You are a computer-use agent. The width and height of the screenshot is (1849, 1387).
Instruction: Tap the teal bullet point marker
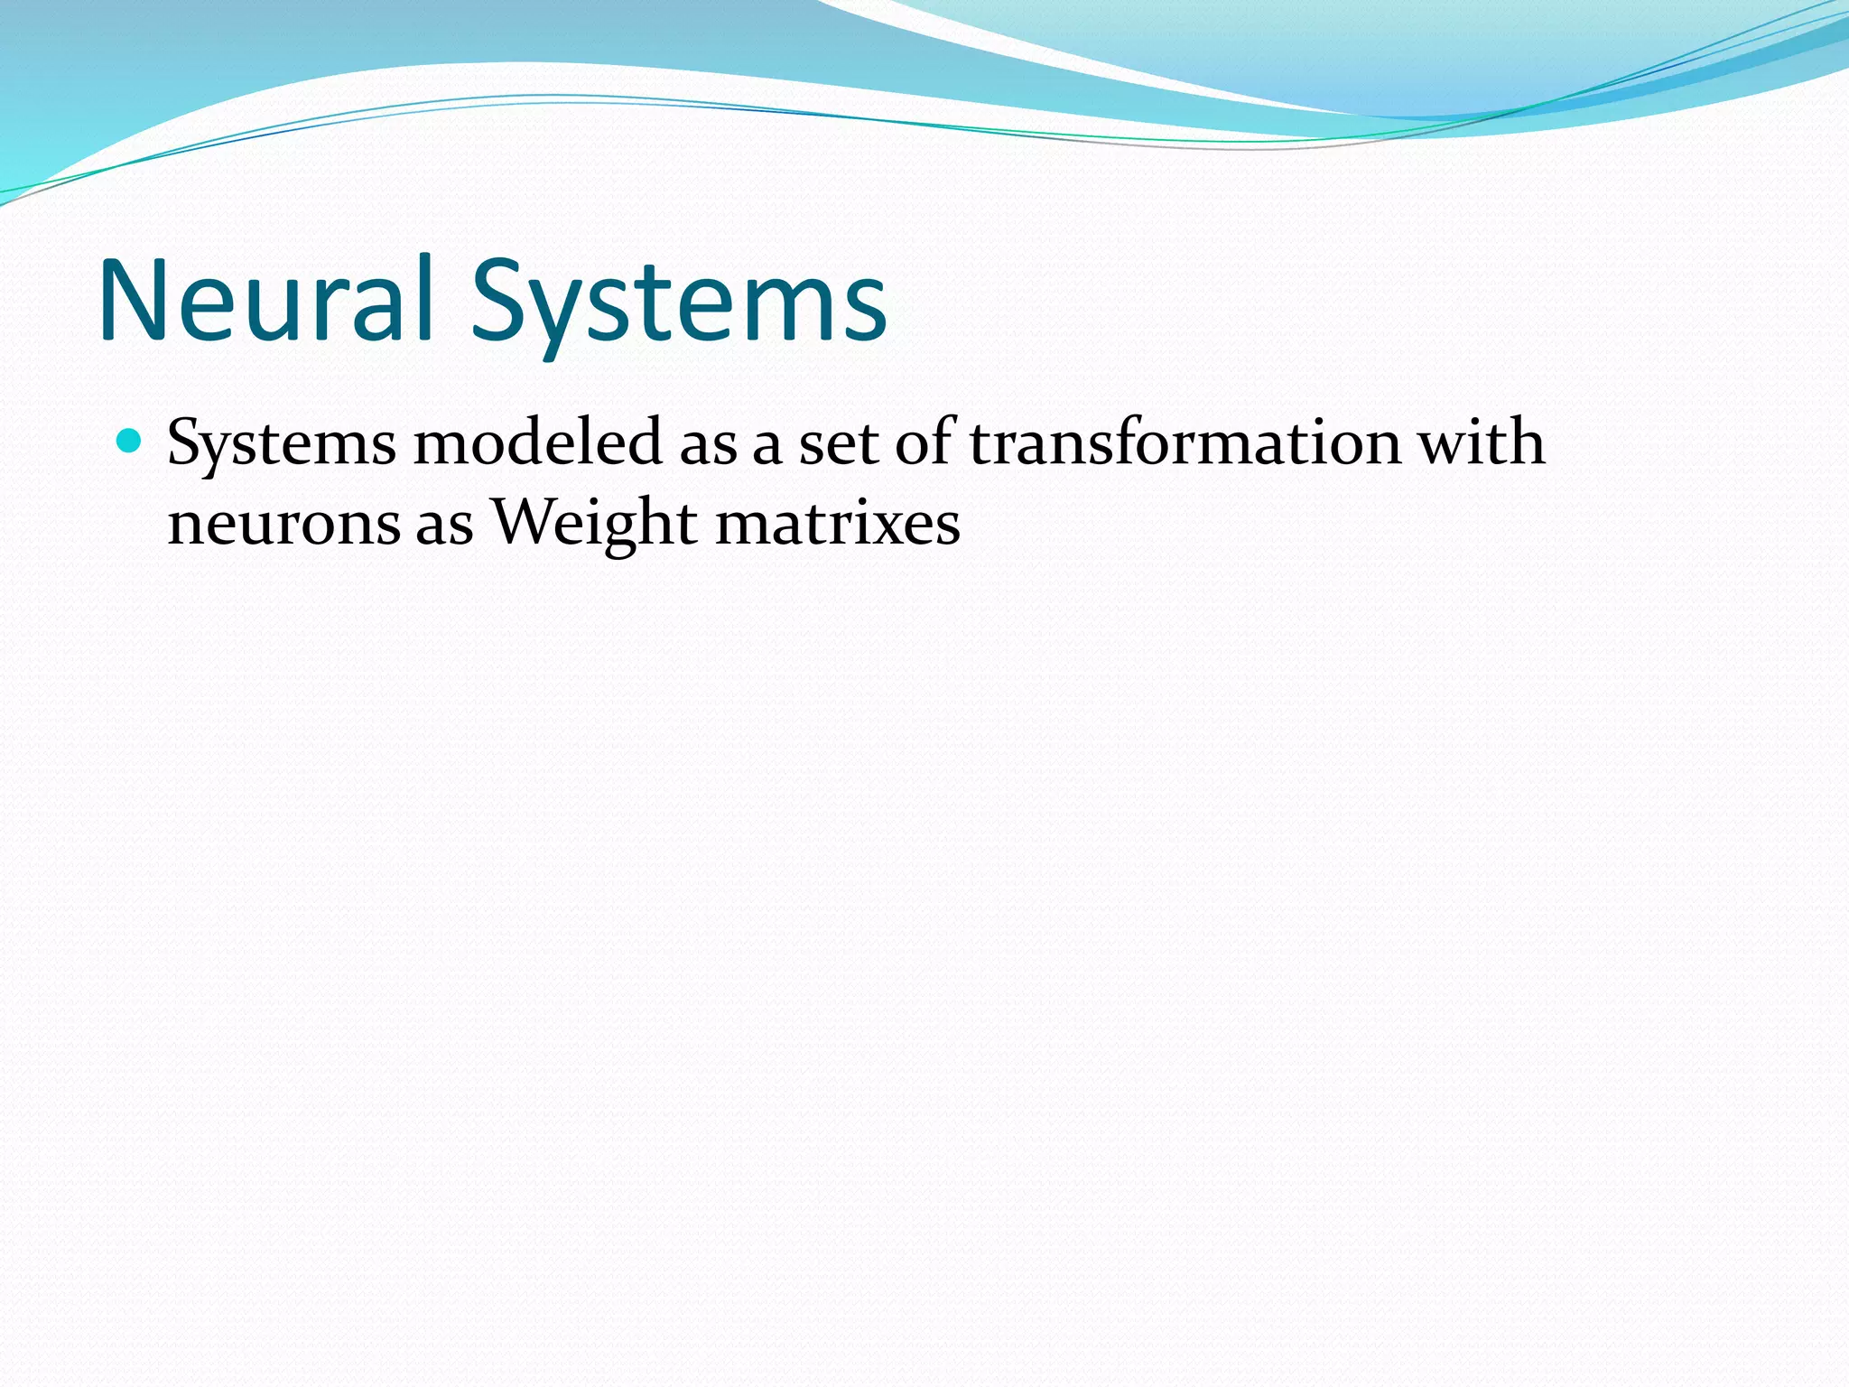pyautogui.click(x=130, y=441)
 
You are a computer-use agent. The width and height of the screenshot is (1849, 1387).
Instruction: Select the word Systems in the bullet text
pyautogui.click(x=282, y=444)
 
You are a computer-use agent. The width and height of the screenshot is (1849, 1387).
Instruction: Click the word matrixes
pyautogui.click(x=838, y=524)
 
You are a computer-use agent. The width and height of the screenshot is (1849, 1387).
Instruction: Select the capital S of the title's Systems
pyautogui.click(x=498, y=301)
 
